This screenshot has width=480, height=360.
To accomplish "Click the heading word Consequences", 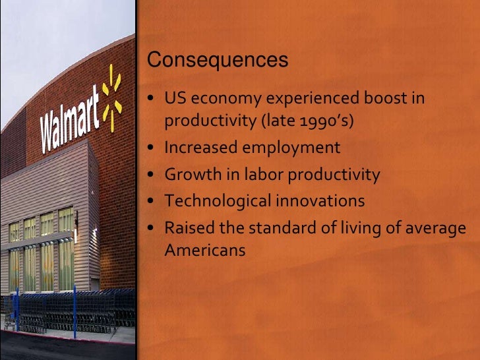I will (x=218, y=61).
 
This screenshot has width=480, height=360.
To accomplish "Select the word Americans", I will (x=204, y=251).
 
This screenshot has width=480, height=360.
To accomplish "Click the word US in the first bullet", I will (x=173, y=100).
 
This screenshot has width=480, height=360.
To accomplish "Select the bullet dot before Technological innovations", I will (x=152, y=200).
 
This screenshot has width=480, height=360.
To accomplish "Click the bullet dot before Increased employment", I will (x=152, y=148).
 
